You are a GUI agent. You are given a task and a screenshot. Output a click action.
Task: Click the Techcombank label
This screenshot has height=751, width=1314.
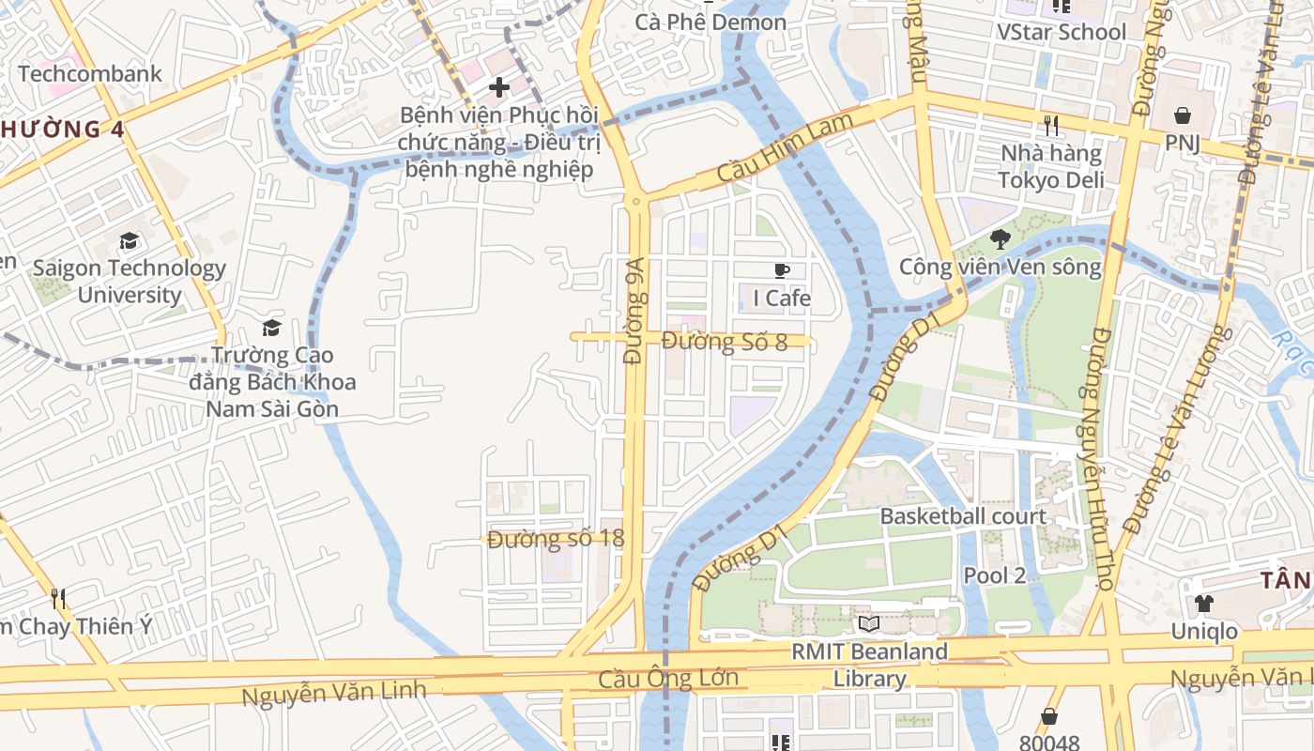tap(90, 73)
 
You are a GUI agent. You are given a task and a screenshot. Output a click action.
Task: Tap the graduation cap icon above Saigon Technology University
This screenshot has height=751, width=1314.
tap(129, 241)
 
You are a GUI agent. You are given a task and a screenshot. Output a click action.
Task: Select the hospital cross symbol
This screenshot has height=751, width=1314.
tap(499, 87)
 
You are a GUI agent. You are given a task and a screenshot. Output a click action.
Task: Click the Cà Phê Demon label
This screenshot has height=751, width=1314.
tap(710, 22)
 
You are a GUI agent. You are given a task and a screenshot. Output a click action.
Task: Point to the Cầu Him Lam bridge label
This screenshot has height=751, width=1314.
tap(785, 148)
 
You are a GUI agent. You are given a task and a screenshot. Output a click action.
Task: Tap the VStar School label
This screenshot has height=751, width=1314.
tap(1062, 32)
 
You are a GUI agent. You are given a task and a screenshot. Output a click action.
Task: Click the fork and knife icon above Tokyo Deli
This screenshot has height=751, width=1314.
tap(1051, 125)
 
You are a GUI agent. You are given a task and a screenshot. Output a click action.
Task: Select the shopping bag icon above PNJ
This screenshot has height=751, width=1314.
tap(1182, 116)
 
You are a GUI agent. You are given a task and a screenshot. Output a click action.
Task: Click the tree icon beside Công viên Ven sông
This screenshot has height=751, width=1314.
tap(1001, 239)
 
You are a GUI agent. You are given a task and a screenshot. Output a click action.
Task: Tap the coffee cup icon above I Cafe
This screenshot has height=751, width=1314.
tap(781, 271)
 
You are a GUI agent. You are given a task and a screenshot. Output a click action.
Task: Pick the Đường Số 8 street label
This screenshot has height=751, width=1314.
tap(725, 342)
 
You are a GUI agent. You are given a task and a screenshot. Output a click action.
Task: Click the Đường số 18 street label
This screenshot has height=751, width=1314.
tap(556, 539)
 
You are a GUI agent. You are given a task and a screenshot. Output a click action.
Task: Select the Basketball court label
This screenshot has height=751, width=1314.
tap(962, 516)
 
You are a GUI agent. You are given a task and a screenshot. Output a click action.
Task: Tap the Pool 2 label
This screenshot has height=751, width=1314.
tap(995, 575)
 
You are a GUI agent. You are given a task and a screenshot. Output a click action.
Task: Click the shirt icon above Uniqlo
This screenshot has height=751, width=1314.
tap(1203, 603)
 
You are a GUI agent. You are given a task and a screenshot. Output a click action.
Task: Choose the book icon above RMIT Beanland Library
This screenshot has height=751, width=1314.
tap(868, 623)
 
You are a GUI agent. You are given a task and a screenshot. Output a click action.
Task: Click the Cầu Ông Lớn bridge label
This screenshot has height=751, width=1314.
tap(669, 678)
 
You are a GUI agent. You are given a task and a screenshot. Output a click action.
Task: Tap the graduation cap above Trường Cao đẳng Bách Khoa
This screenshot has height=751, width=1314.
tap(272, 328)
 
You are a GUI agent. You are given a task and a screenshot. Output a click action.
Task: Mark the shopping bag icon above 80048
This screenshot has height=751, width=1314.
tap(1048, 716)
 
